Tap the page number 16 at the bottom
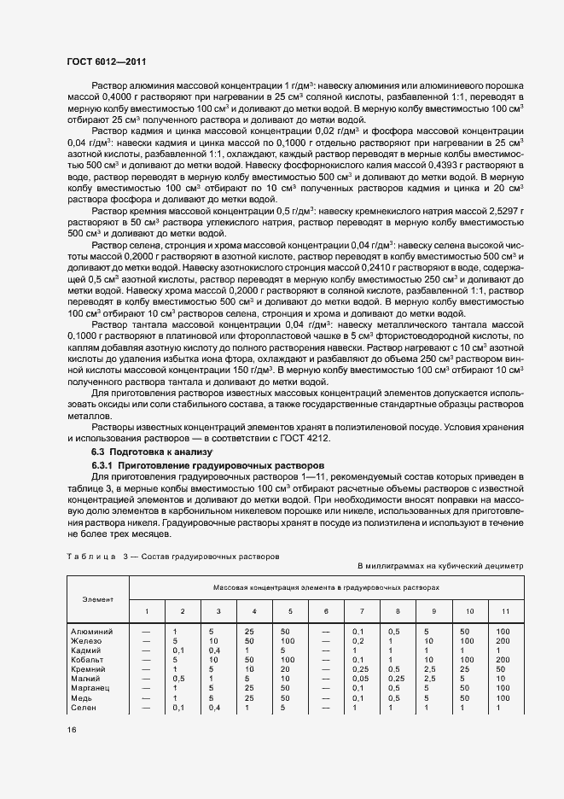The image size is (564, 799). point(70,730)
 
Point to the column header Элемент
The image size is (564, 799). point(97,599)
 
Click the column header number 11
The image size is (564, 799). point(505,611)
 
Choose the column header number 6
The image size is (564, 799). point(325,611)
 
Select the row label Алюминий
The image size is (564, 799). point(94,631)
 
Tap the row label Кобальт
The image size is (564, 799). point(90,659)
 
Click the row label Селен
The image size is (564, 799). point(88,708)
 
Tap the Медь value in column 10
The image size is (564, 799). point(466,697)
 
